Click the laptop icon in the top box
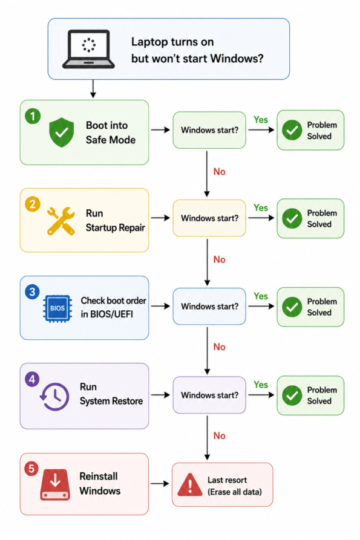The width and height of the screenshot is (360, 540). click(x=88, y=49)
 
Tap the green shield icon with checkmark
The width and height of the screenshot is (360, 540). click(x=61, y=132)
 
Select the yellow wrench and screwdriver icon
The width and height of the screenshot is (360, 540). click(x=61, y=221)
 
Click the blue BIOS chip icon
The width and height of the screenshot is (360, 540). click(x=57, y=308)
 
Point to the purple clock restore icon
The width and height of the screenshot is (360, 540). click(x=54, y=397)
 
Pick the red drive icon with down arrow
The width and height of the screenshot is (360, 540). click(x=55, y=484)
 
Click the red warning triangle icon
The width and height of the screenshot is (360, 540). click(x=190, y=484)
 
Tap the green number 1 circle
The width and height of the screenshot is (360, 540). click(x=33, y=116)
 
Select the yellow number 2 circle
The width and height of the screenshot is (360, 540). click(x=33, y=204)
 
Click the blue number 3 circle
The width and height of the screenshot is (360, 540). click(x=33, y=292)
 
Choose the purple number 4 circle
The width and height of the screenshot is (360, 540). click(x=33, y=379)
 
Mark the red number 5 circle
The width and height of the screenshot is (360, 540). click(x=31, y=469)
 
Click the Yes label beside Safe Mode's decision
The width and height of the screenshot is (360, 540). click(x=261, y=120)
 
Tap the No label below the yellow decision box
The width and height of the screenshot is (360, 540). click(x=220, y=259)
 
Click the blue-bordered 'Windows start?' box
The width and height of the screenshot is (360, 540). click(x=209, y=307)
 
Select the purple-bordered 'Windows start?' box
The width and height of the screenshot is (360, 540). click(x=209, y=395)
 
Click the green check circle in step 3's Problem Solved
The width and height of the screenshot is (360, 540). click(x=292, y=307)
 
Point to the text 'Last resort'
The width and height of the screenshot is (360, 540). click(x=227, y=480)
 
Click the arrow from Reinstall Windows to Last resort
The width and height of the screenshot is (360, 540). click(x=160, y=484)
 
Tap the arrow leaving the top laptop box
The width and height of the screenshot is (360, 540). click(x=93, y=89)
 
